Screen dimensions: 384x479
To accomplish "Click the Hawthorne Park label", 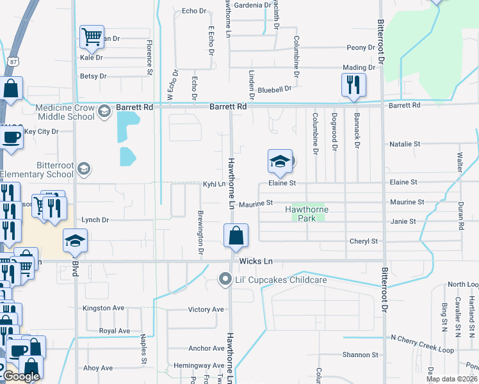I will click(307, 209).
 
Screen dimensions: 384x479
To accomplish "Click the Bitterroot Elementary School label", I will click(37, 169).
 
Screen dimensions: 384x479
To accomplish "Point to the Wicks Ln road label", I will click(256, 261).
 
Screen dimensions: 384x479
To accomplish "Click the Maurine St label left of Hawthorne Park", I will click(256, 203).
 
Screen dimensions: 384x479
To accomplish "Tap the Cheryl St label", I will click(364, 241).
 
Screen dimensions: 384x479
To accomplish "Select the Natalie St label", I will click(405, 145).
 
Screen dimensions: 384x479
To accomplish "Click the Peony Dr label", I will click(361, 48).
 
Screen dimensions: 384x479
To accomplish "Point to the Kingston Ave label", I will click(103, 308).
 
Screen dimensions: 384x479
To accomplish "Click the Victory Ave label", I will click(206, 310).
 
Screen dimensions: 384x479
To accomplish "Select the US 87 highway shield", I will click(13, 61).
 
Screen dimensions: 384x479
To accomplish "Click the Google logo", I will click(21, 376).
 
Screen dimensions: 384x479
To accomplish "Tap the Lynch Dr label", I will click(95, 220).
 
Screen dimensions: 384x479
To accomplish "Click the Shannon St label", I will click(360, 355).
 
